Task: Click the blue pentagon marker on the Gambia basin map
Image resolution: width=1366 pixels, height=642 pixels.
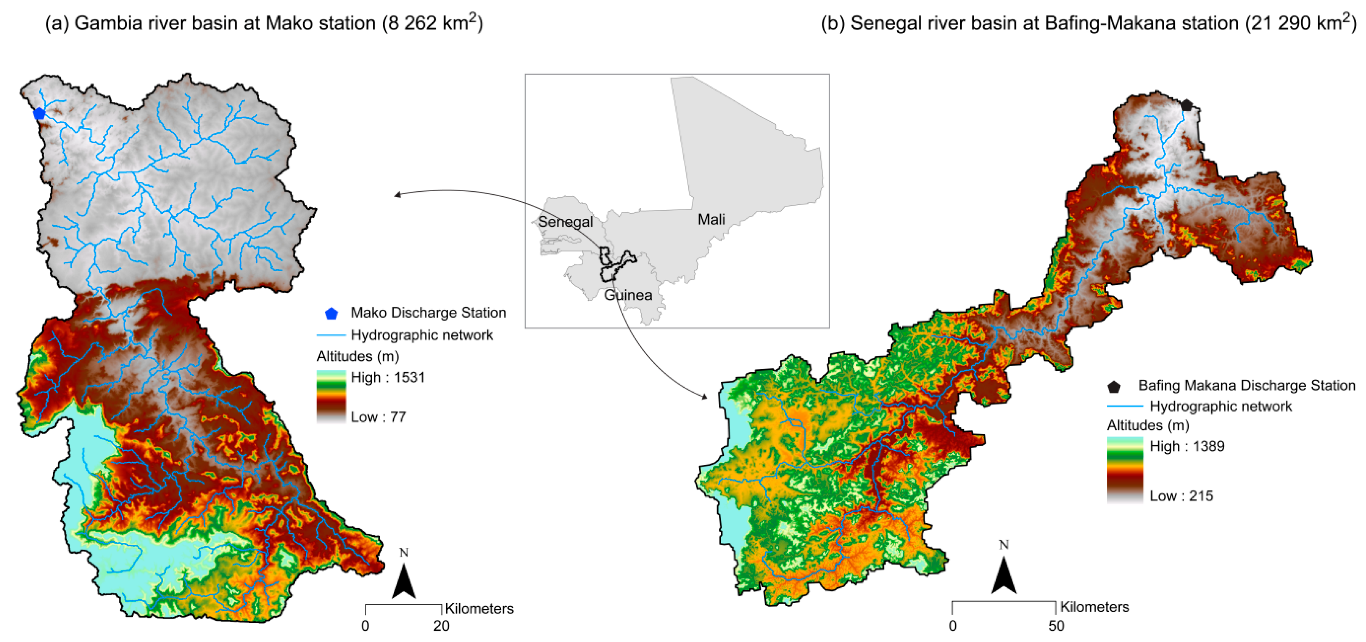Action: (x=39, y=114)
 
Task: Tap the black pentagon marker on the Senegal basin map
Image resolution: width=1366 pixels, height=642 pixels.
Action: (x=1186, y=105)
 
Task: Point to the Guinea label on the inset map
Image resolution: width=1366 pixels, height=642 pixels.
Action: (x=628, y=295)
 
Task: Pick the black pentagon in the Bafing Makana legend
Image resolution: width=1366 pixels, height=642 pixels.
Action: (x=1114, y=386)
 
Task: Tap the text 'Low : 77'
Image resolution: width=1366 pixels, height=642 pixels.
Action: (x=378, y=417)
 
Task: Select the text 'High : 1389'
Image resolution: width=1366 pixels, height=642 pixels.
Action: (x=1187, y=446)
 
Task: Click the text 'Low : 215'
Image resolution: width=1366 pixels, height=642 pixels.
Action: (x=1182, y=496)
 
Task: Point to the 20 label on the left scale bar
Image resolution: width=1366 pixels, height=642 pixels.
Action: (x=441, y=626)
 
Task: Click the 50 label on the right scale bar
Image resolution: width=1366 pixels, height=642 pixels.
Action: (x=1056, y=626)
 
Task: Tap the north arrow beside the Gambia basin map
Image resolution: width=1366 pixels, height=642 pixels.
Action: (x=404, y=581)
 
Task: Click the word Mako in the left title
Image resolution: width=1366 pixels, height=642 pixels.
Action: (x=289, y=23)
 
